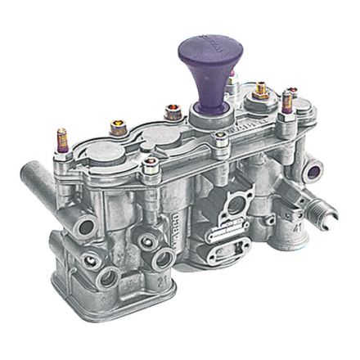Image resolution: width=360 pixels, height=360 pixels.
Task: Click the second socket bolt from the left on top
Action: tap(173, 110)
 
